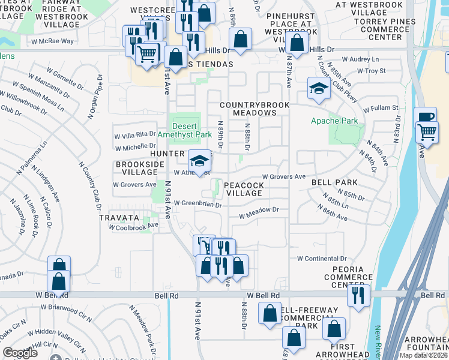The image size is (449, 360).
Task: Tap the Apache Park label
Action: click(x=334, y=121)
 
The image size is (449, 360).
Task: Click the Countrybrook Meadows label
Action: click(x=255, y=109)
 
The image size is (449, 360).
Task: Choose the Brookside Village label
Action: click(x=136, y=167)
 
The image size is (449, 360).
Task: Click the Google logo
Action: click(x=20, y=352)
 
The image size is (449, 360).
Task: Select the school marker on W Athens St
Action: click(x=200, y=161)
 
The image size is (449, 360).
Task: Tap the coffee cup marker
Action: click(x=426, y=118)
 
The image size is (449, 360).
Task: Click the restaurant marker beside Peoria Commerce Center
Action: click(x=358, y=295)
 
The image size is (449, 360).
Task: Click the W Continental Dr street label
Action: click(x=322, y=258)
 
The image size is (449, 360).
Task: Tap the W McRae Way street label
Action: click(x=53, y=41)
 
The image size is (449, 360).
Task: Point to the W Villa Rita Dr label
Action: click(x=136, y=135)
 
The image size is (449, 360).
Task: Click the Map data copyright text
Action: click(x=424, y=355)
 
